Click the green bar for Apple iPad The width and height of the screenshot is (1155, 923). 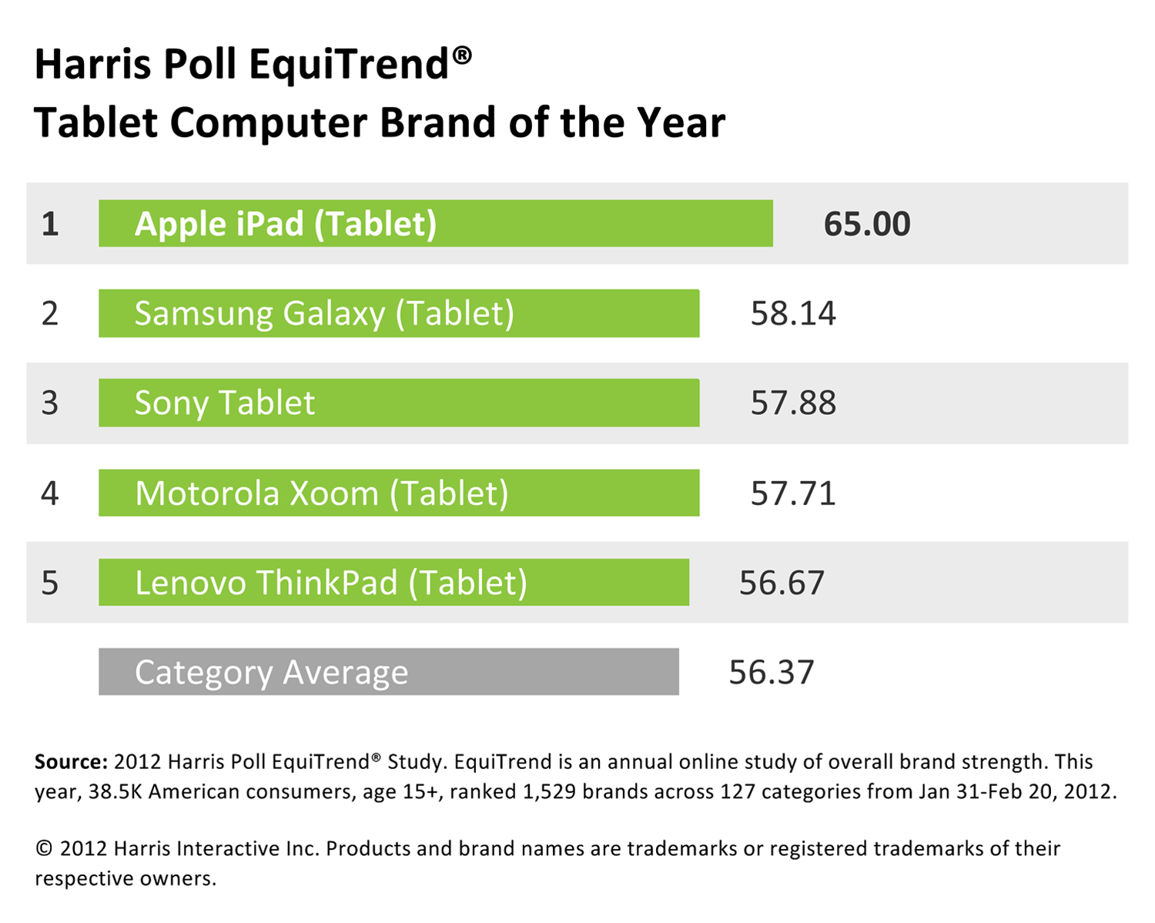pos(435,223)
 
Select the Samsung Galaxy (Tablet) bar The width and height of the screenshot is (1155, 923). pos(399,313)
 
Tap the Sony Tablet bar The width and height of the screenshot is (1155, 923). pos(399,403)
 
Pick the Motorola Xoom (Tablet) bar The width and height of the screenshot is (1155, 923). pos(399,493)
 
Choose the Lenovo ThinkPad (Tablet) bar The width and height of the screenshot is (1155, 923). pos(393,582)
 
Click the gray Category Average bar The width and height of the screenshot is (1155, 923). pos(388,672)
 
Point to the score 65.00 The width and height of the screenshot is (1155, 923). pos(867,224)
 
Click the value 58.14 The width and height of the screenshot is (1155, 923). pos(793,313)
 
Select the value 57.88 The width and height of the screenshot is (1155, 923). pos(793,403)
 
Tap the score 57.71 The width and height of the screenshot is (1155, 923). pos(793,493)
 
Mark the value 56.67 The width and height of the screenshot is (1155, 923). pos(782,583)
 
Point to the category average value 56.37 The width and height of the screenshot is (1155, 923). pos(771,672)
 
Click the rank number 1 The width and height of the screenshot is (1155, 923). pos(50,224)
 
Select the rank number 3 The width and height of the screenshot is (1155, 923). pos(50,403)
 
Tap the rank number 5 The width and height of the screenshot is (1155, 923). pos(50,583)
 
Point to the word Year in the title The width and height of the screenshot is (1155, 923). pos(681,123)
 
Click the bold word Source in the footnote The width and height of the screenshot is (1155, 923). pos(70,762)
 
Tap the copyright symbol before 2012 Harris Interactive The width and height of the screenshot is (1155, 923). pos(44,848)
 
